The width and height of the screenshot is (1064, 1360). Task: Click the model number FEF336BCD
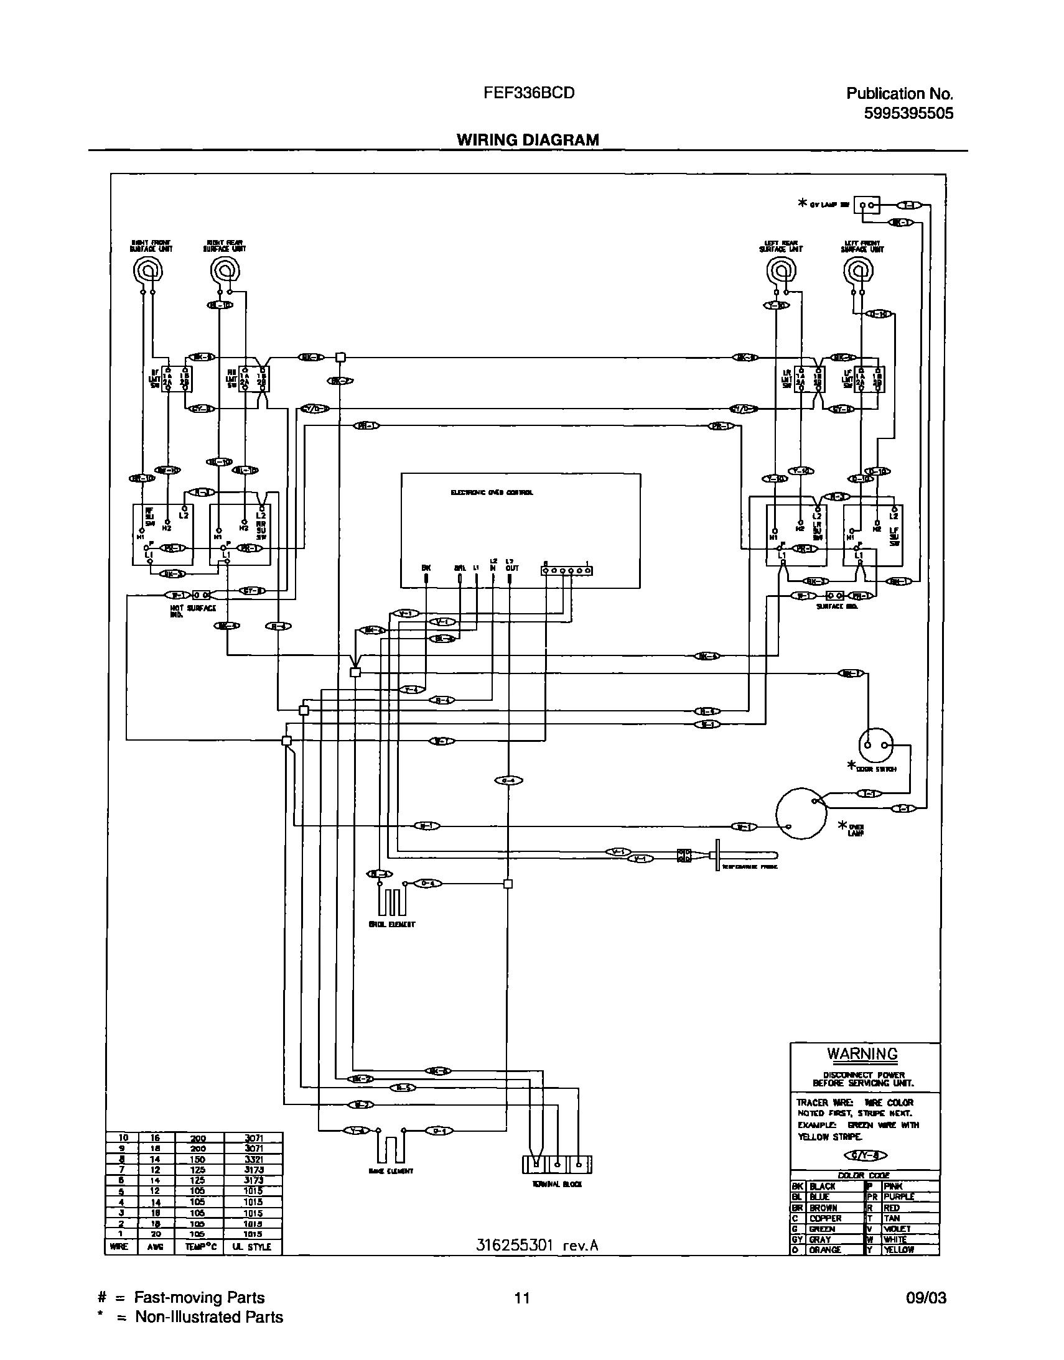click(x=528, y=93)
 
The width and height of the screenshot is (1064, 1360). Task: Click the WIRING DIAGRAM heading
click(x=528, y=139)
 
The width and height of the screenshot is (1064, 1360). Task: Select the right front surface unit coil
click(x=149, y=272)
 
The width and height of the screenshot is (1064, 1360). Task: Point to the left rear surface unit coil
click(x=780, y=271)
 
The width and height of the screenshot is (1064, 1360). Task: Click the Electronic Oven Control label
click(x=492, y=493)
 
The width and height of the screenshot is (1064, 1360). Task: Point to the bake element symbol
click(x=391, y=1148)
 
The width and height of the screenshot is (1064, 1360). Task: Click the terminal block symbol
click(x=556, y=1164)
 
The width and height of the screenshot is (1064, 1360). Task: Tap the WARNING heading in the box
click(x=862, y=1053)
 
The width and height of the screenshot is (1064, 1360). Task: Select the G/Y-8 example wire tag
click(x=865, y=1156)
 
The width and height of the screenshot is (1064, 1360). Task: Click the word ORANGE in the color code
click(x=825, y=1250)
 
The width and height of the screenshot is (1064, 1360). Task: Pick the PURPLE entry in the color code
click(x=898, y=1197)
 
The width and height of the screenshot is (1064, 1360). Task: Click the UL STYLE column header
click(x=251, y=1247)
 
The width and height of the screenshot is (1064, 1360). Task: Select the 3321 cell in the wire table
click(x=253, y=1160)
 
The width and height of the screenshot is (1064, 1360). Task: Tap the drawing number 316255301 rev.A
click(x=537, y=1246)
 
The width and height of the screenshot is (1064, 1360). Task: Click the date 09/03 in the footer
click(x=926, y=1298)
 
